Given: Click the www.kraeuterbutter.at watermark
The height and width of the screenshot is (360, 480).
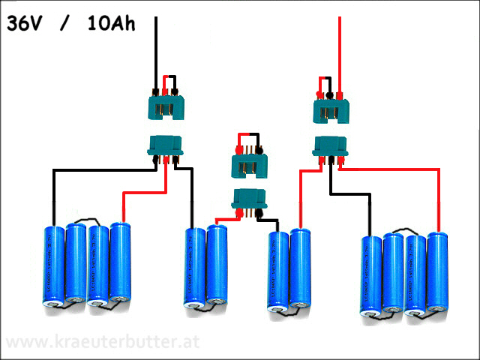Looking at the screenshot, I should pyautogui.click(x=103, y=342).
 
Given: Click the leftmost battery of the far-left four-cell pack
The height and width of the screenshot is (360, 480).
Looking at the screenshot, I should pyautogui.click(x=53, y=266).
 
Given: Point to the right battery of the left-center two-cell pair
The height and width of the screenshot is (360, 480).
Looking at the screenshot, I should pyautogui.click(x=217, y=266).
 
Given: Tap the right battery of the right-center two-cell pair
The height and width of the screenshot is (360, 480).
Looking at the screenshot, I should pyautogui.click(x=301, y=270).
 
